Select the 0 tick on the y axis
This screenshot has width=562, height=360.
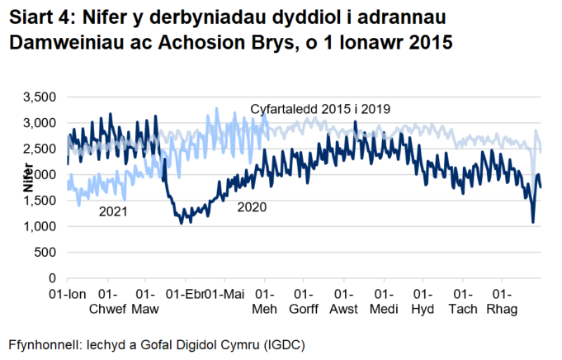click(50, 278)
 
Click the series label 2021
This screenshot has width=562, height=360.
click(112, 211)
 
